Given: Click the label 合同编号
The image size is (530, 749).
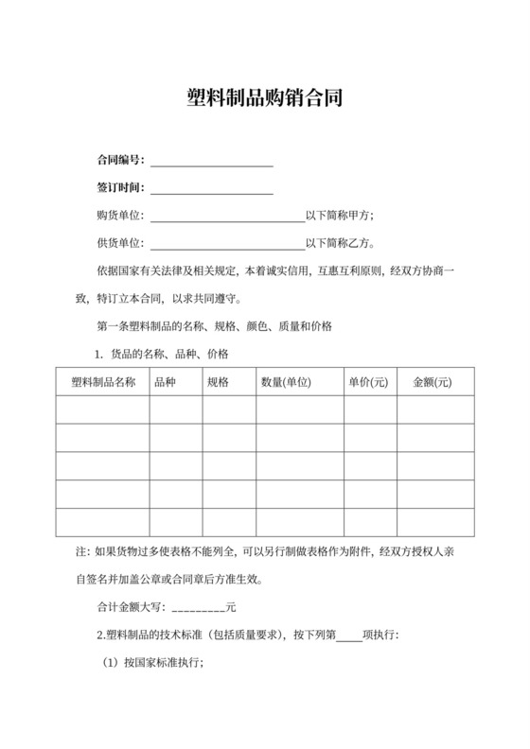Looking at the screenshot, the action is pos(119,160).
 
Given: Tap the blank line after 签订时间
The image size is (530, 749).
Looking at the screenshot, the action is pos(212,188).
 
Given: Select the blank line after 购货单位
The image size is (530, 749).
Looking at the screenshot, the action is pos(227,217).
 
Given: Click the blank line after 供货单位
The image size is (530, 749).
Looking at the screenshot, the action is pos(227,244).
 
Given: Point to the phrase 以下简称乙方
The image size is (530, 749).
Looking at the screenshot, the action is pos(340,244).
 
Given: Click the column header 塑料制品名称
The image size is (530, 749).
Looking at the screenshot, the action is pos(103,382).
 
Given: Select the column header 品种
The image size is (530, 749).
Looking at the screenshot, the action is pos(165,382).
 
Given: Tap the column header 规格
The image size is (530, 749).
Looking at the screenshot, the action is pos(218,382).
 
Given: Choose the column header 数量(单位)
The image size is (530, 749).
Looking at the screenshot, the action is pos(287,382).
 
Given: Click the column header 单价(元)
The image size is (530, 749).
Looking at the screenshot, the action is pos(369,382).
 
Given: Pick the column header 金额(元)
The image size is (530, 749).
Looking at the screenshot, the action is pos(432,382).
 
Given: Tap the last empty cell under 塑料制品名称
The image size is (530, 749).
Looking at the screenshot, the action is pos(103,522).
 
